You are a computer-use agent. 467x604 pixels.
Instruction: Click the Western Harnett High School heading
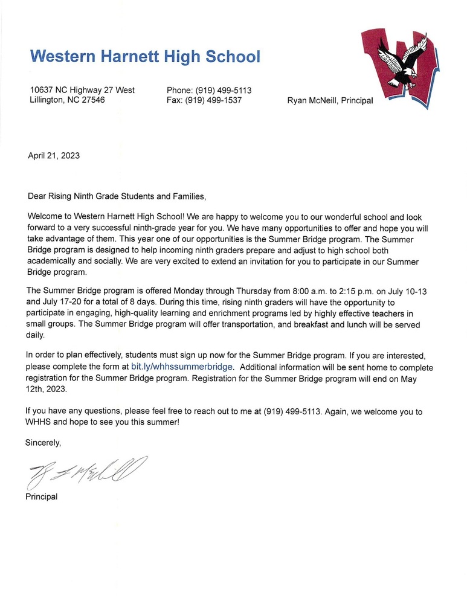point(145,57)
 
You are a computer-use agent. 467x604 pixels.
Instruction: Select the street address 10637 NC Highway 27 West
point(82,90)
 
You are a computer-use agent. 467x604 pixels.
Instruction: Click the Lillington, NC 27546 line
point(67,100)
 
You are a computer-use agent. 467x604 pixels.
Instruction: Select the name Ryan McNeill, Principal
point(330,101)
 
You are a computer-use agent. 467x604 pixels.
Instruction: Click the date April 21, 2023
point(54,155)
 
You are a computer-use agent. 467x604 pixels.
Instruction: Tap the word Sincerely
point(43,443)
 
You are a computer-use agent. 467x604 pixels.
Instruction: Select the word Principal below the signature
point(41,496)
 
